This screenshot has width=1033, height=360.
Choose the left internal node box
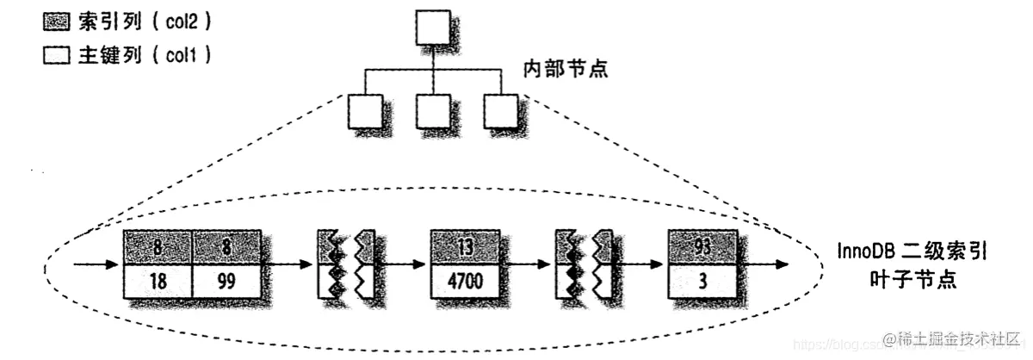pos(366,109)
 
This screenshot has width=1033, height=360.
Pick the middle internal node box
pos(432,109)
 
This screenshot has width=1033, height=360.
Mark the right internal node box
pos(499,109)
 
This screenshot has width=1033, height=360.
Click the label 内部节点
pos(565,68)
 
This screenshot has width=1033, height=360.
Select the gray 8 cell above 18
pos(158,246)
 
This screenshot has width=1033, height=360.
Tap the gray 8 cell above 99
pos(226,246)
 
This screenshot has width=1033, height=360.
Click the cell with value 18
pos(158,281)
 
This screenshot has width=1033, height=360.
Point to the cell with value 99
pos(226,281)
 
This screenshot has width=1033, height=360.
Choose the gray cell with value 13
pos(464,246)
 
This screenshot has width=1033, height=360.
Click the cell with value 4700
pos(464,281)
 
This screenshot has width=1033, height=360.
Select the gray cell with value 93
pos(702,246)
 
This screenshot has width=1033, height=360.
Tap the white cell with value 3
pos(702,281)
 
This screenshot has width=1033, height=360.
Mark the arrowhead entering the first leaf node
pos(115,264)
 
